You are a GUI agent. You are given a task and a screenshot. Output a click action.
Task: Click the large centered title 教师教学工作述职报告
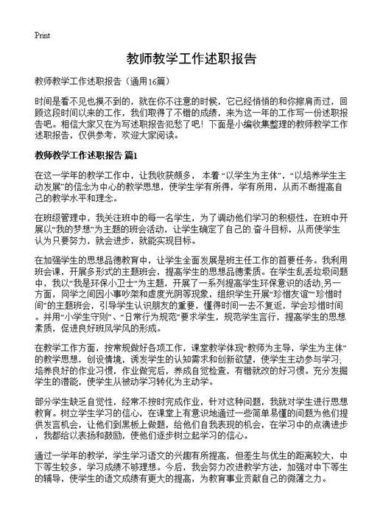pos(191,59)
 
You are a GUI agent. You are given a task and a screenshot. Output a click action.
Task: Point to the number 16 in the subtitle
pos(153,80)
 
